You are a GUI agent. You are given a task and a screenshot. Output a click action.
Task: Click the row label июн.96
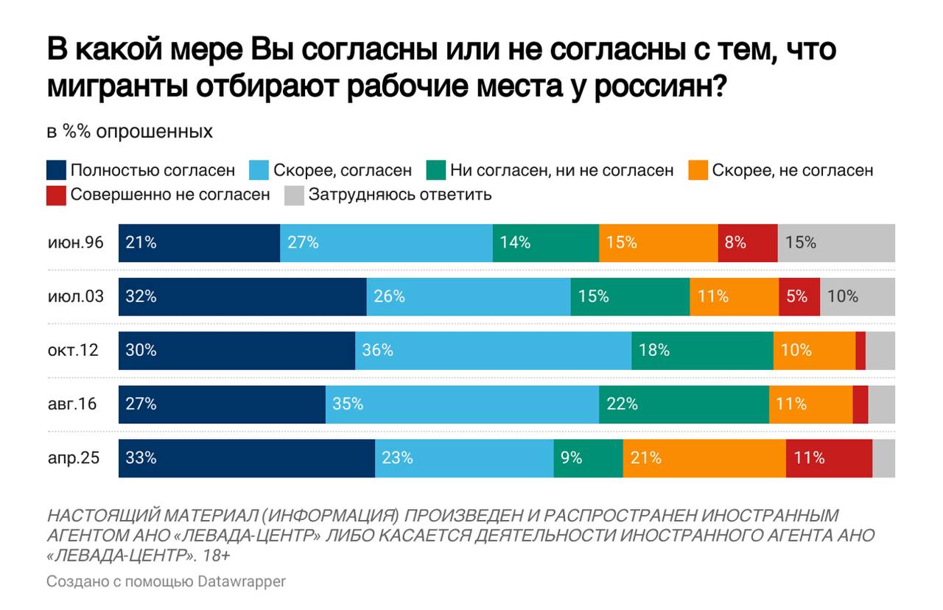(x=75, y=242)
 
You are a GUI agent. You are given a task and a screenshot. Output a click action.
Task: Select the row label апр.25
(x=74, y=458)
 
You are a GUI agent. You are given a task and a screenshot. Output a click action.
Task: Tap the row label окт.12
(x=73, y=350)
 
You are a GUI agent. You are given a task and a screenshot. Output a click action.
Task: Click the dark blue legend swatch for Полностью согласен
(x=56, y=171)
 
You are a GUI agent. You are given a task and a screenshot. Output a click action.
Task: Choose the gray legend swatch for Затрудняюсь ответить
(x=292, y=195)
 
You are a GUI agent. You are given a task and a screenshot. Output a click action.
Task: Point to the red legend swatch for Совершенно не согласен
(x=56, y=195)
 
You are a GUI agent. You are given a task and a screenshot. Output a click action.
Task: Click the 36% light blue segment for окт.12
(x=493, y=350)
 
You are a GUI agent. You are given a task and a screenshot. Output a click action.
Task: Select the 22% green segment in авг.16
(x=684, y=404)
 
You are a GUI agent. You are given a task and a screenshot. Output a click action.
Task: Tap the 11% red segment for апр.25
(x=829, y=458)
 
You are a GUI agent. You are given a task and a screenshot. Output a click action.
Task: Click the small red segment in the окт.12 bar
(x=860, y=350)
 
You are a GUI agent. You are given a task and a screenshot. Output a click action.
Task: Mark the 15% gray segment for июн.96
(x=836, y=242)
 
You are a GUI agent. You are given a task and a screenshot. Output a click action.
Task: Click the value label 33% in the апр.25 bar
(x=141, y=458)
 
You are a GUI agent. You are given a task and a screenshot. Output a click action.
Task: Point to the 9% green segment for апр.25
(x=588, y=458)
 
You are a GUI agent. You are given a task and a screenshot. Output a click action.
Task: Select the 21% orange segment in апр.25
(x=704, y=458)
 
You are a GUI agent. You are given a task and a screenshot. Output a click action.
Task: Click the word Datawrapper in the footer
(x=242, y=581)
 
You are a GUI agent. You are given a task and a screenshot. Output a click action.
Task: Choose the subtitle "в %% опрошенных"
(x=130, y=133)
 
